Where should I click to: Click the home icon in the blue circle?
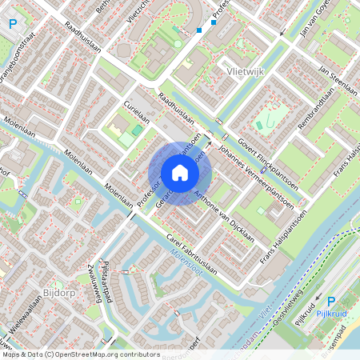pos(180,173)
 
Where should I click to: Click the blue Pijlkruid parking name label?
pos(330,313)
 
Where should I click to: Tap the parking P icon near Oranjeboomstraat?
pos(11,24)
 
